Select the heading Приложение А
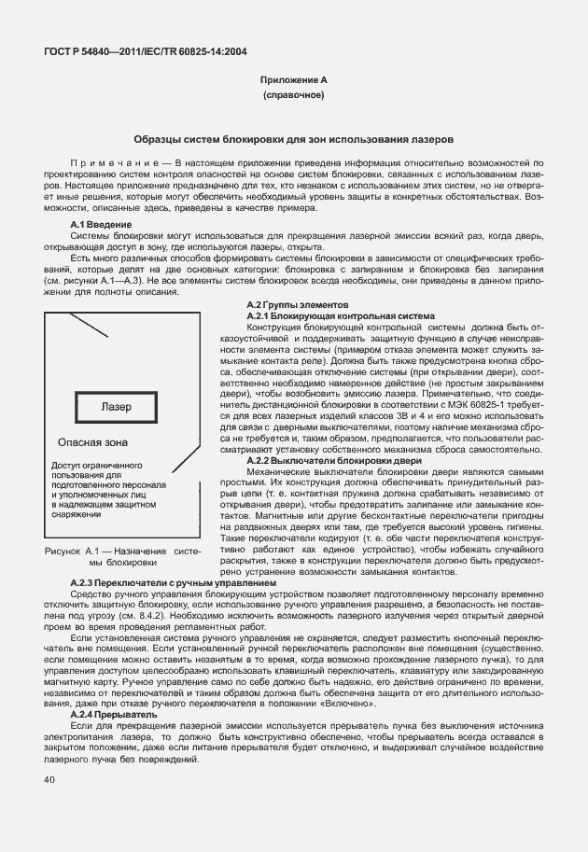pos(293,81)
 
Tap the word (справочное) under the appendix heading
pos(293,96)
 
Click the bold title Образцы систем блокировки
pos(293,138)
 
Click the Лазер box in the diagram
pos(118,408)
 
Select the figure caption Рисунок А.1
pos(73,552)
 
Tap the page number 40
pos(49,779)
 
